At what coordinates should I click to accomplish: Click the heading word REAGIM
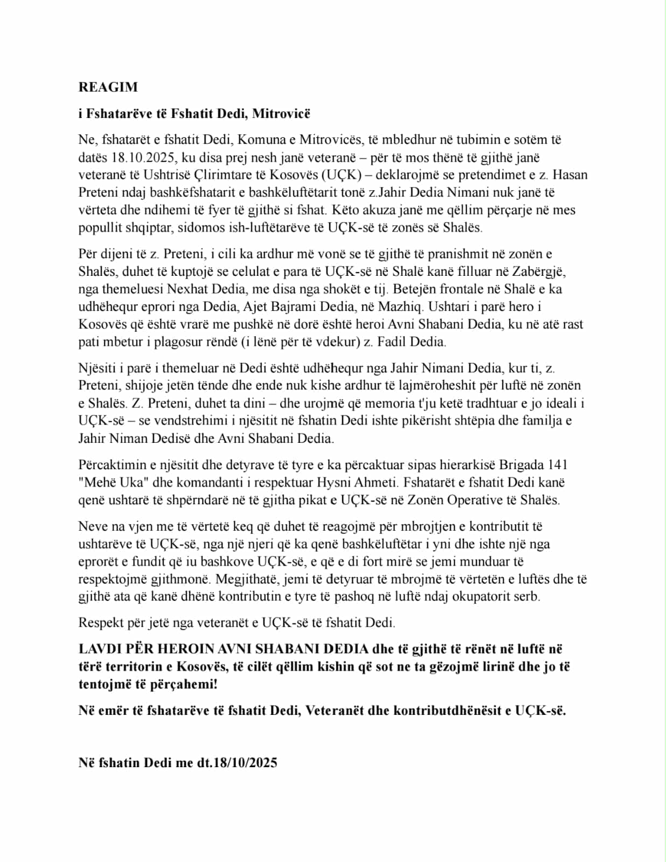click(x=108, y=87)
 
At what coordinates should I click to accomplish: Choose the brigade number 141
click(x=557, y=464)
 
